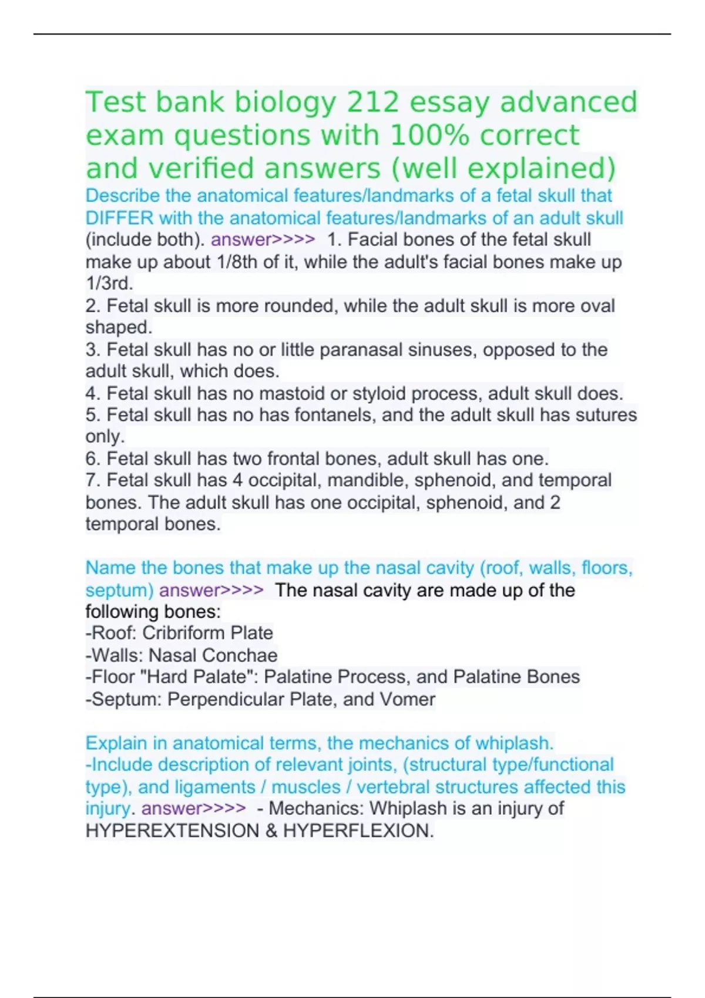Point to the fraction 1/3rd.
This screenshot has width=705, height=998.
pyautogui.click(x=109, y=284)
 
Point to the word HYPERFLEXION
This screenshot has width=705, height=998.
pyautogui.click(x=358, y=831)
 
